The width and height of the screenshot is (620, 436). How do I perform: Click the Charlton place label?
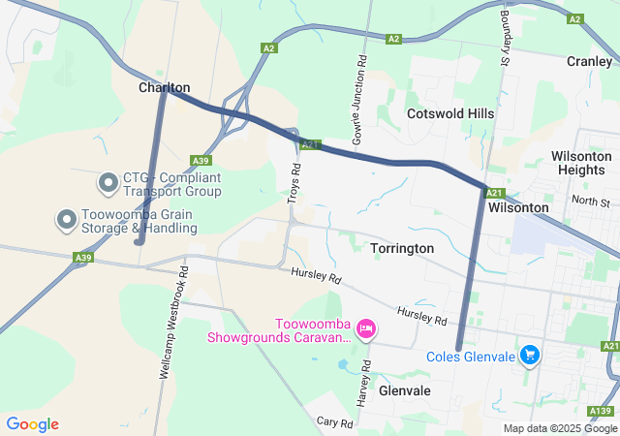pos(164,87)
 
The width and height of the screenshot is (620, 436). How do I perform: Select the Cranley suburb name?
pos(589,60)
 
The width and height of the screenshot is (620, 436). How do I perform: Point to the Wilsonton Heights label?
pos(581,163)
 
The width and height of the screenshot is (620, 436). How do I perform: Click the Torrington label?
pos(402,249)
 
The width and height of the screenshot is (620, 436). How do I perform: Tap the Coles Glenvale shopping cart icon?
pos(529,356)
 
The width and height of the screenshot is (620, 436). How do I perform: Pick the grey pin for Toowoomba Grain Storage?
pos(66,219)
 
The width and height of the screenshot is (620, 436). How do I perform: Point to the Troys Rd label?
pos(295,176)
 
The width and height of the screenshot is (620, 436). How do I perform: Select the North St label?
pos(590,202)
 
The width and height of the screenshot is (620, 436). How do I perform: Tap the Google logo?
pos(32,424)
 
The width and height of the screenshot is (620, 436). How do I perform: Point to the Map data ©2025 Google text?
pos(559,428)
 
